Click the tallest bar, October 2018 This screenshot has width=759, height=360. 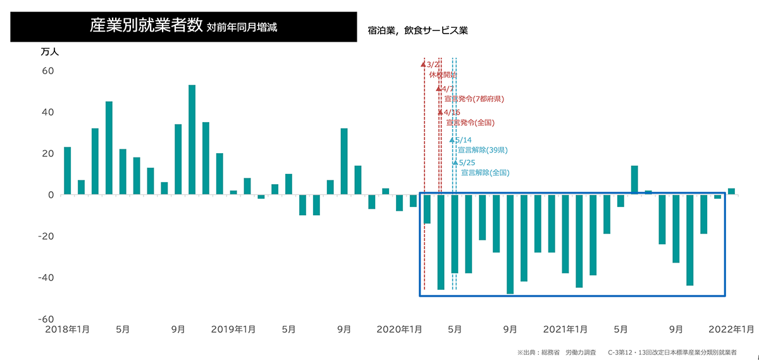(x=192, y=139)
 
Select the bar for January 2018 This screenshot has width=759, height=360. (x=67, y=171)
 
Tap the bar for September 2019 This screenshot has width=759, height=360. (x=344, y=161)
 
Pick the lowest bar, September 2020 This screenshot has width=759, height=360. (x=510, y=244)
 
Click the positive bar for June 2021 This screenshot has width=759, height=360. (x=634, y=180)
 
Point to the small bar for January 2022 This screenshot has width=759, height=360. (x=731, y=191)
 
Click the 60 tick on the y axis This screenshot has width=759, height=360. (x=48, y=71)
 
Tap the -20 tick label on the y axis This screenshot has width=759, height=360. (x=46, y=236)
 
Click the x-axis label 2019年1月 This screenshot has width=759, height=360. (x=233, y=330)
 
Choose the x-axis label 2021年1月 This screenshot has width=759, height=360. (x=565, y=330)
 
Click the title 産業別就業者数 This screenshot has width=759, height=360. (x=145, y=26)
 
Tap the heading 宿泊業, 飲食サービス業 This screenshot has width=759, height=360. (x=417, y=30)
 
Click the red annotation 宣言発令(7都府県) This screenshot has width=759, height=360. (x=474, y=99)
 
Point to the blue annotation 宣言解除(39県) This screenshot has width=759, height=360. (x=483, y=150)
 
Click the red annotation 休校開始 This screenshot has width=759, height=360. (x=442, y=75)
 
